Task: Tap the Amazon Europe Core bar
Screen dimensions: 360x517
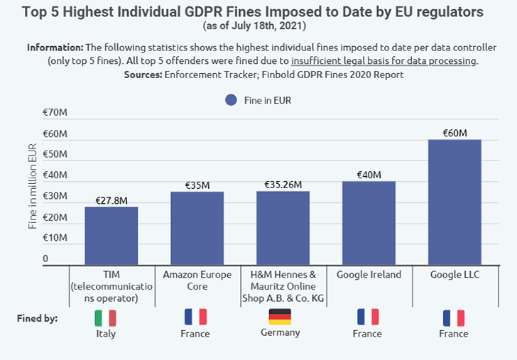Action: tap(197, 228)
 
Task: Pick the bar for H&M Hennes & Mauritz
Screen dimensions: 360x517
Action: tap(283, 228)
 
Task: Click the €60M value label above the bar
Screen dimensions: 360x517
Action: tap(455, 133)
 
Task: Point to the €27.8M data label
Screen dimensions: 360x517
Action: tap(111, 200)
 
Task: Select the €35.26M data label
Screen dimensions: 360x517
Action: tap(283, 185)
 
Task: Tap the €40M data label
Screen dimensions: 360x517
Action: tap(369, 175)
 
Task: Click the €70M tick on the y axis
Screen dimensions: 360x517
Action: tap(55, 112)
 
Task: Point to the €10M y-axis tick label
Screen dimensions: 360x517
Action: tap(55, 237)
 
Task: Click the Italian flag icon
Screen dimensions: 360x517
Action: tap(105, 317)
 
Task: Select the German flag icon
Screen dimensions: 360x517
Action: tap(280, 317)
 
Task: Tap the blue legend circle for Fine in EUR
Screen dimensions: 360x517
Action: tap(231, 100)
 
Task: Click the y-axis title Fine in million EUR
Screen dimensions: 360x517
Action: tap(33, 187)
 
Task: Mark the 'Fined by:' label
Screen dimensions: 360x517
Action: tap(37, 318)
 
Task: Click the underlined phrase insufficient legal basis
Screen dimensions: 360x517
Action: tap(383, 60)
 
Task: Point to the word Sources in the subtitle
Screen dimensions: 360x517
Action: tap(143, 74)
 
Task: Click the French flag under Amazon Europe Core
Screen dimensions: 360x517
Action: tap(195, 317)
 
